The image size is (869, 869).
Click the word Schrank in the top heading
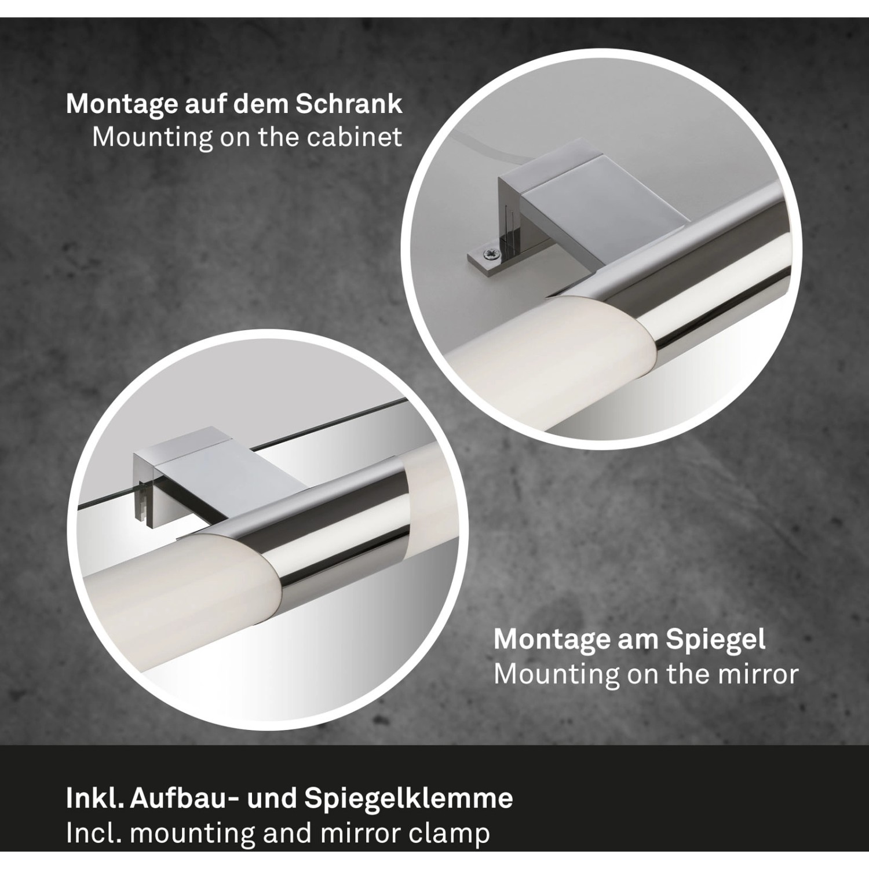click(349, 104)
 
